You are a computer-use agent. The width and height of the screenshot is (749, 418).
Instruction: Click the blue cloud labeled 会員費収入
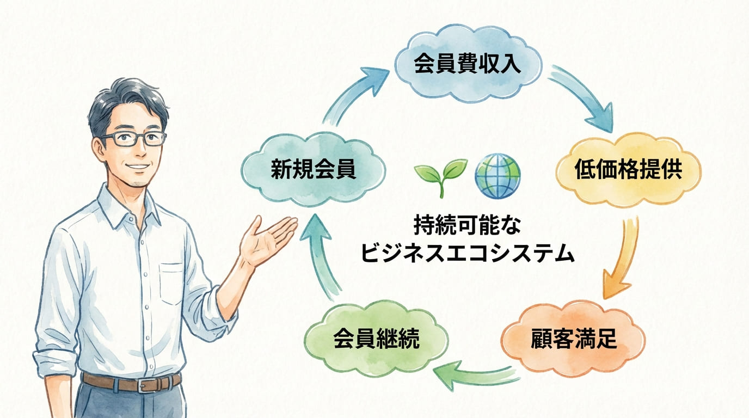pos(468,64)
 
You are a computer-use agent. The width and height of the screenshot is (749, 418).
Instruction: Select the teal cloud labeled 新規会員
pos(314,169)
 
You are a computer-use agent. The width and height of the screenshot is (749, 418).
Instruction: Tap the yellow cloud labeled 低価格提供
pos(629,170)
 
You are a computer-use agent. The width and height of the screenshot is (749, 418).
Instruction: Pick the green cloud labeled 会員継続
pos(377,339)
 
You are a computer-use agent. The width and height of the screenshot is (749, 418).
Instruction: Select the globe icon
pos(498,176)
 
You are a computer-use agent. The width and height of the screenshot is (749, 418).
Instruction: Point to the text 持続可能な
pos(468,226)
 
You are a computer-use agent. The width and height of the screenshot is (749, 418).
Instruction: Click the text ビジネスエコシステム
pos(468,253)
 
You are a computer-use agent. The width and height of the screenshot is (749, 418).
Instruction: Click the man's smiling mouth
pos(138,167)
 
